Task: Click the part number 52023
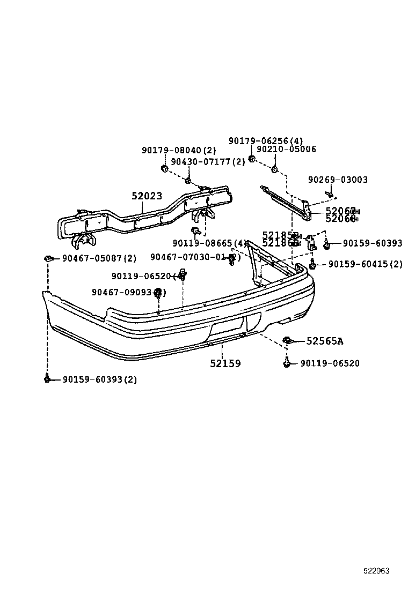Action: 147,196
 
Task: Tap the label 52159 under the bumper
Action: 225,363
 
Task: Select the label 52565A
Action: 325,341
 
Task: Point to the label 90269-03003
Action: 338,180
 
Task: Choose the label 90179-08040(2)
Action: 179,151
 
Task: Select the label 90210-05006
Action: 286,150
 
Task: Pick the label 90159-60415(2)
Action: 365,264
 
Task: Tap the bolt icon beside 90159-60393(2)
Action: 48,379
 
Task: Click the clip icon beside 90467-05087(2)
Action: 48,258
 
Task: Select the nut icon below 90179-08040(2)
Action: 165,169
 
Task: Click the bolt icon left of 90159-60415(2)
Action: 313,264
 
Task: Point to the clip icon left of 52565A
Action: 288,340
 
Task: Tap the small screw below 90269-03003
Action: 331,194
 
